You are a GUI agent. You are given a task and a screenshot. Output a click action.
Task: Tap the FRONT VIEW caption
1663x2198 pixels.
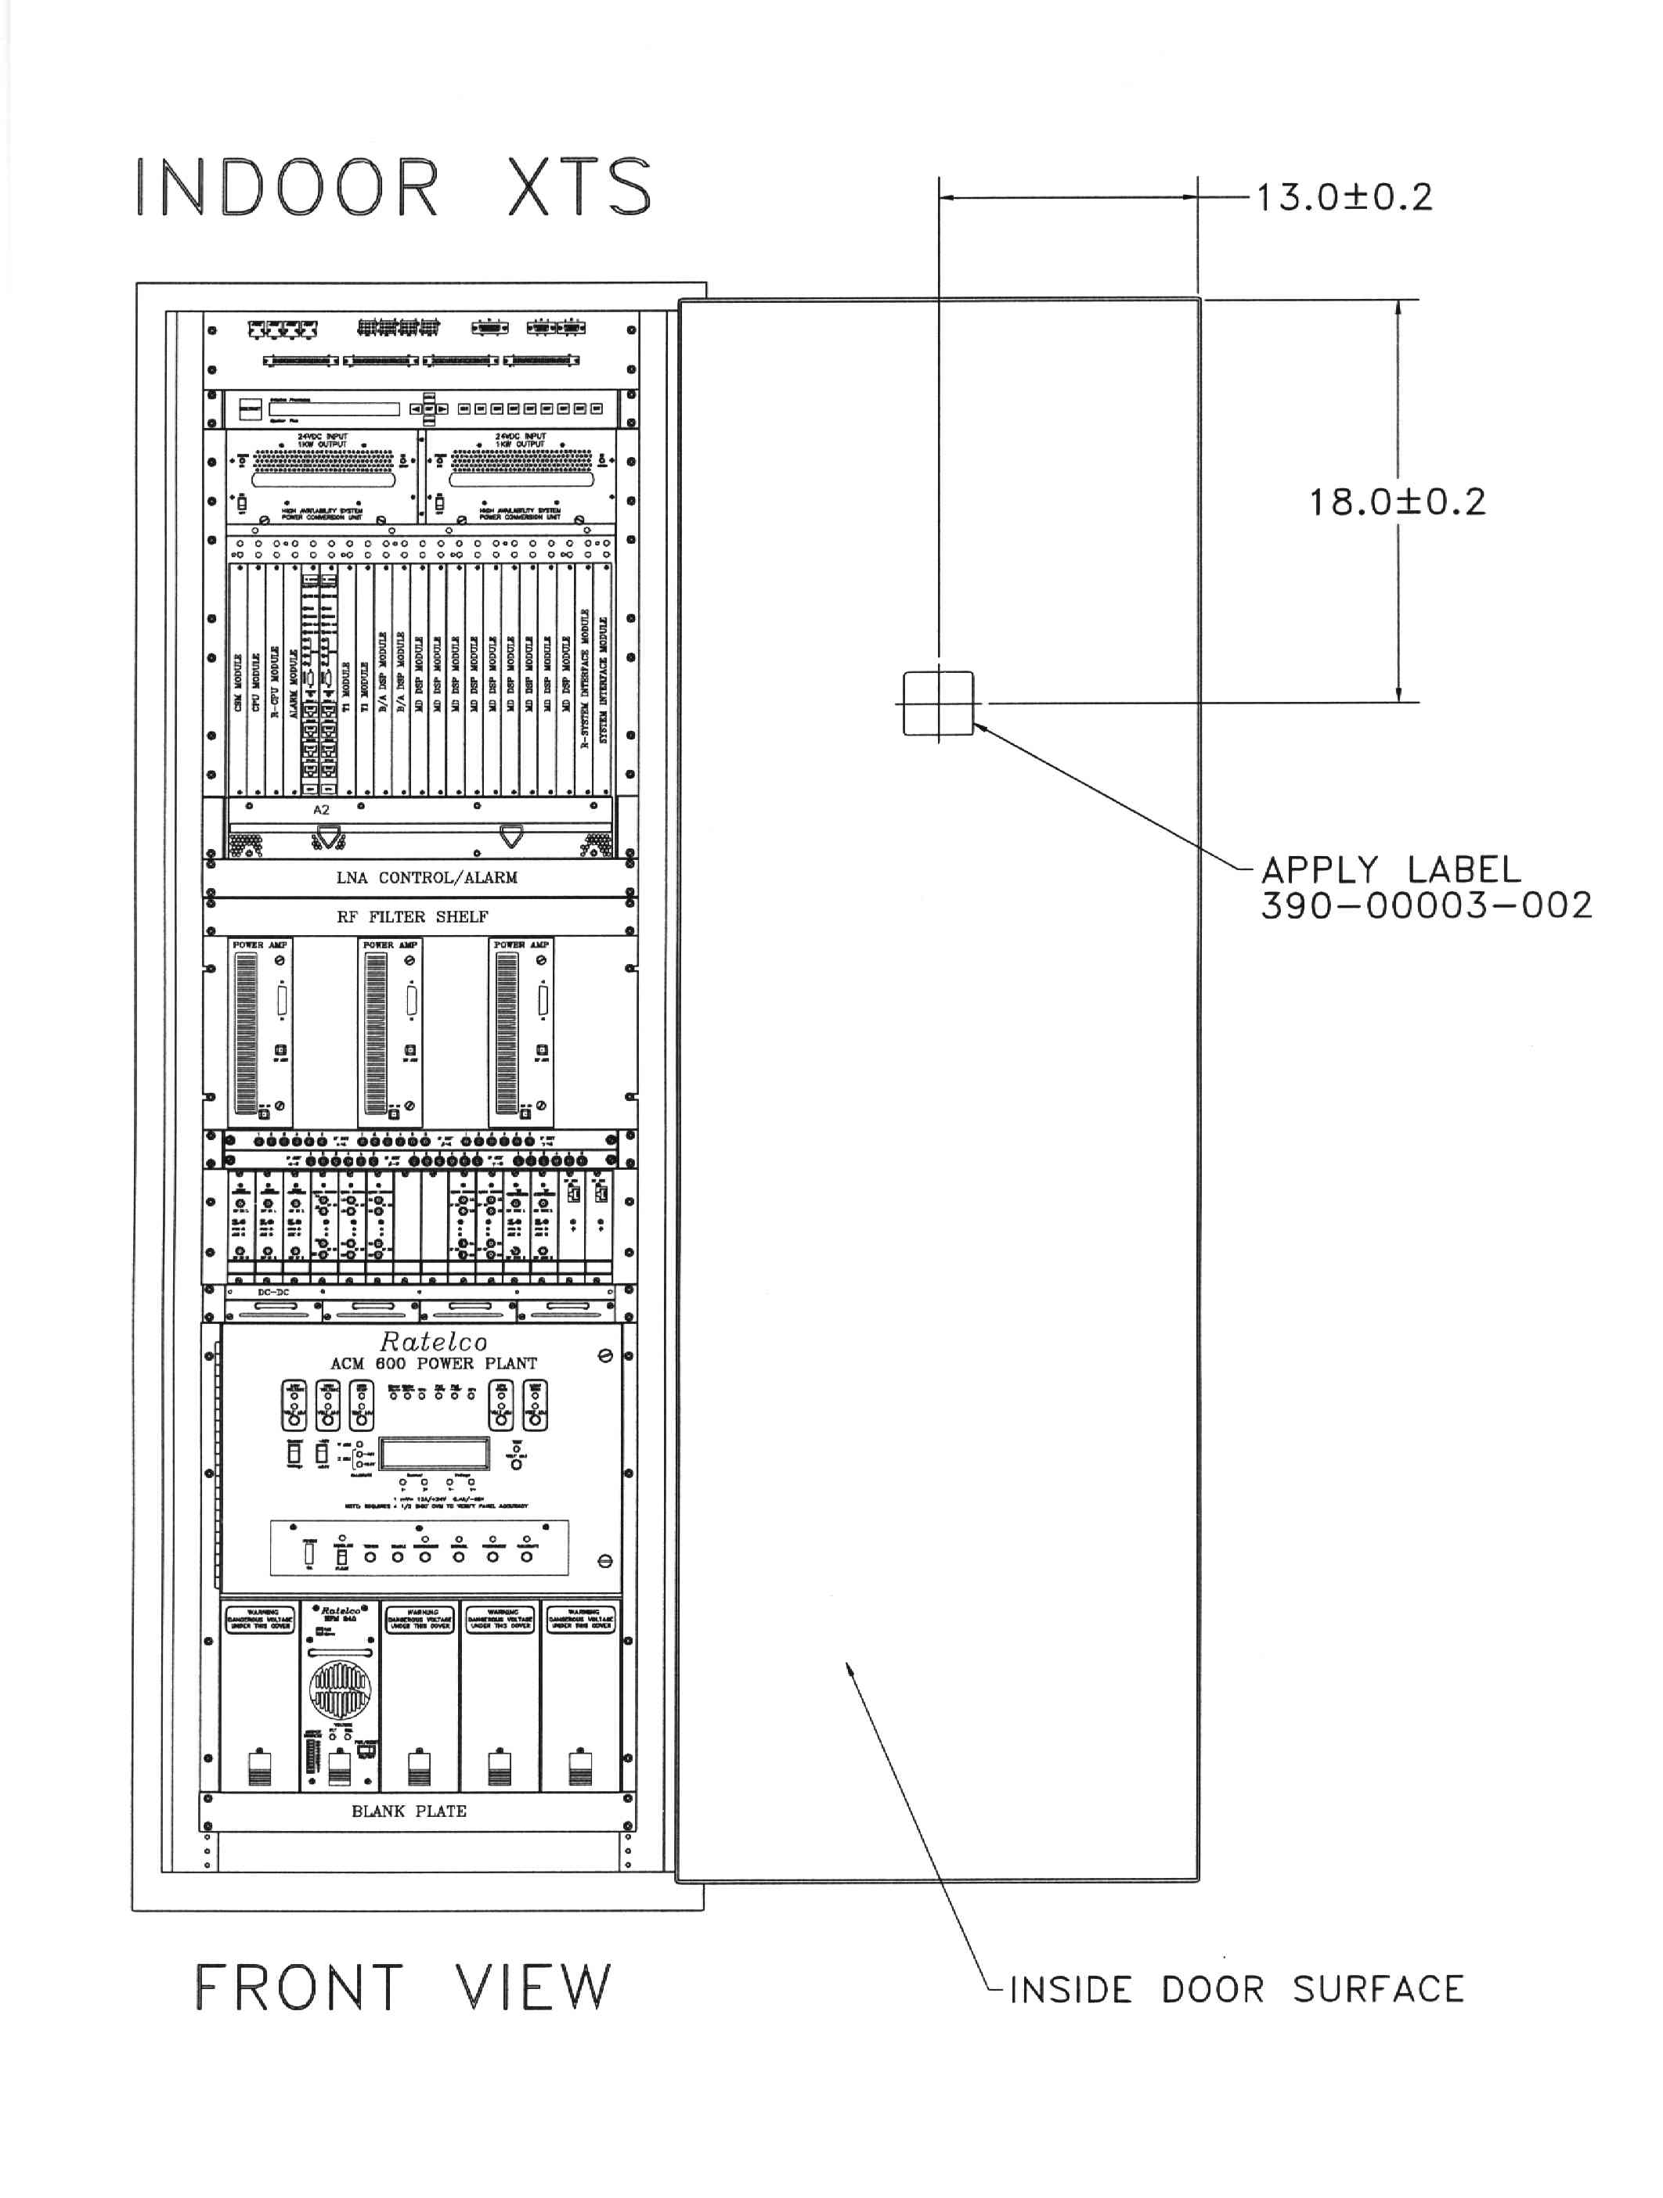click(402, 1988)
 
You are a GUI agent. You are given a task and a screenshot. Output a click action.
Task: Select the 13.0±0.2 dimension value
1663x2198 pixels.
click(1343, 196)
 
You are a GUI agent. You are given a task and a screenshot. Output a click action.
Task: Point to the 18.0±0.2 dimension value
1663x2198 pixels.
click(1397, 502)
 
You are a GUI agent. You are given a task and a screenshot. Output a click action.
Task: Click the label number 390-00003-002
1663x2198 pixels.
click(1427, 905)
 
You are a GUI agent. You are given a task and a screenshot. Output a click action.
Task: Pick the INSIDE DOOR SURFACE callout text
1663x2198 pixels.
click(1236, 1989)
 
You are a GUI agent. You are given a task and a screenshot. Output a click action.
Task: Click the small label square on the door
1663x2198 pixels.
click(937, 703)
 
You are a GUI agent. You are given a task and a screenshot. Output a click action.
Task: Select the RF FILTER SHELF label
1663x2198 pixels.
click(412, 916)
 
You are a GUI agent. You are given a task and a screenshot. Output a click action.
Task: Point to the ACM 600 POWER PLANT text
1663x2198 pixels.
click(434, 1363)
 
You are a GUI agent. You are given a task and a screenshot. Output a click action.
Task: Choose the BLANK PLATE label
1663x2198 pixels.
click(409, 1811)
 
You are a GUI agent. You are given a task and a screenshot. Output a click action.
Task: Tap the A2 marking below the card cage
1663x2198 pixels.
click(321, 810)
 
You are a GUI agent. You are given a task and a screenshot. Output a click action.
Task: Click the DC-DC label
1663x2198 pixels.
click(272, 1292)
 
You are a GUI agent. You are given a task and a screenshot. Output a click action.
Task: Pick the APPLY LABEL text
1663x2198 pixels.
click(1391, 870)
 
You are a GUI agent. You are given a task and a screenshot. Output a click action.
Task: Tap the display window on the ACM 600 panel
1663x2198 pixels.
click(434, 1454)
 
